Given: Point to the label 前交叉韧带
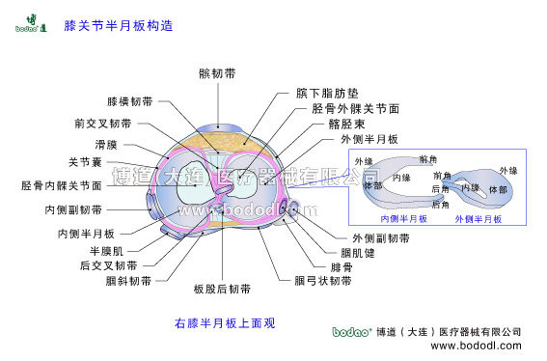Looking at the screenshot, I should (x=102, y=123).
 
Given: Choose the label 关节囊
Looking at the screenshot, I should (x=86, y=162).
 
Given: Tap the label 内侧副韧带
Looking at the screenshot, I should (x=73, y=209).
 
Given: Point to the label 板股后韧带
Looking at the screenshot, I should (x=222, y=288).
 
